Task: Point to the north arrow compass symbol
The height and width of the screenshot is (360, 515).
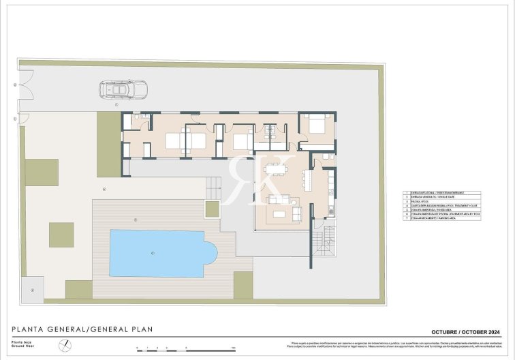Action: [63, 346]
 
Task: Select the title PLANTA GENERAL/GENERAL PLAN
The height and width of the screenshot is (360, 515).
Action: [82, 329]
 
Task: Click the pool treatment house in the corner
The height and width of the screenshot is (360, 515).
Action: [32, 289]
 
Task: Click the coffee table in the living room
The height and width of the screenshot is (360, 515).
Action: [280, 213]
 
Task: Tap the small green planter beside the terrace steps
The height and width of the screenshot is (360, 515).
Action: [213, 209]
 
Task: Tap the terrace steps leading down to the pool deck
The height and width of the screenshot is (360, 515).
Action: [213, 185]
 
